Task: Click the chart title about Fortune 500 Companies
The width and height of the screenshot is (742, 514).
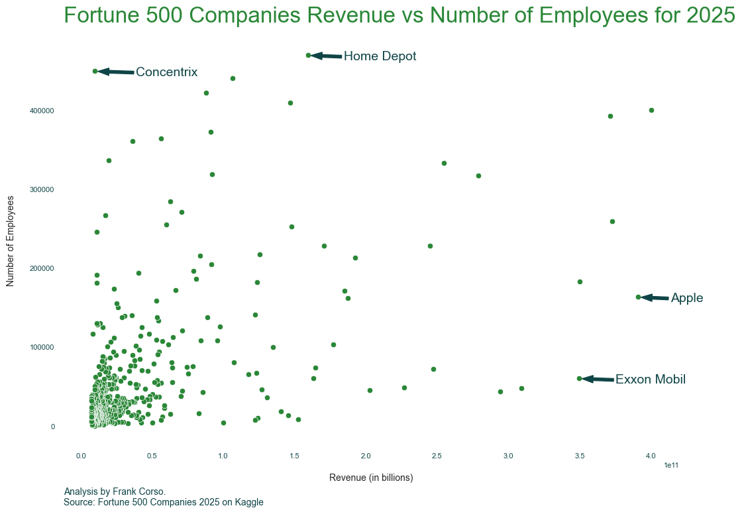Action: tap(399, 16)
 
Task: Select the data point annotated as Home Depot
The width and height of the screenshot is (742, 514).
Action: tap(308, 55)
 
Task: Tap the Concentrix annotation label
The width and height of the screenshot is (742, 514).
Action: tap(166, 72)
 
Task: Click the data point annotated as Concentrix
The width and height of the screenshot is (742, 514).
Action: tap(95, 71)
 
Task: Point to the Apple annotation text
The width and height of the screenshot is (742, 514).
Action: tap(686, 298)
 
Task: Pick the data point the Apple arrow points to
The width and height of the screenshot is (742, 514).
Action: tap(638, 297)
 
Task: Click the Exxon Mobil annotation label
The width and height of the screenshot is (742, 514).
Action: tap(650, 380)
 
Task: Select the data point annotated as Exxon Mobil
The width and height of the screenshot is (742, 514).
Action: tap(579, 378)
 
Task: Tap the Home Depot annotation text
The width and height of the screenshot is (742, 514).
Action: tap(380, 56)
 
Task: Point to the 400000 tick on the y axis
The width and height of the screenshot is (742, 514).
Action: tap(42, 111)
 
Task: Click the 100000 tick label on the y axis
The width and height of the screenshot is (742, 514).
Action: tap(42, 348)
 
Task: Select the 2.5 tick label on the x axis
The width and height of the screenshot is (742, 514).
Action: tap(437, 456)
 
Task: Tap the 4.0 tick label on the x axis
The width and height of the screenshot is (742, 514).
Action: tap(651, 456)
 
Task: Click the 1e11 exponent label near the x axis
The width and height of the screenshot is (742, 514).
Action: tap(670, 466)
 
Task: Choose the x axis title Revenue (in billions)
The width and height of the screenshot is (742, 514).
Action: tap(371, 478)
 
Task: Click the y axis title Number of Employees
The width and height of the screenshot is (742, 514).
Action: tap(10, 241)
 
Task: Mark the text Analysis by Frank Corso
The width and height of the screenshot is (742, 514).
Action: tap(115, 491)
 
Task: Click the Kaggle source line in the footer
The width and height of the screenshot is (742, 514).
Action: tap(164, 503)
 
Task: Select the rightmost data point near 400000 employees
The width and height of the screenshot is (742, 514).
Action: tap(651, 110)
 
